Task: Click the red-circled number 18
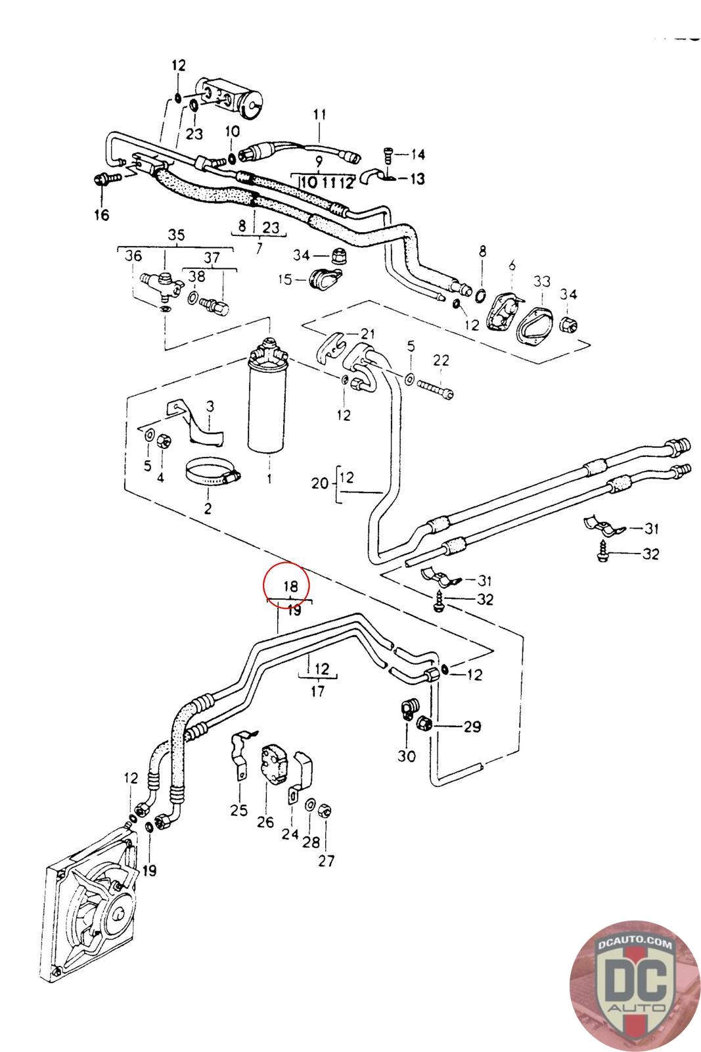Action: tap(290, 586)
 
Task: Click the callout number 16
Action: tap(102, 214)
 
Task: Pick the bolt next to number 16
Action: tap(105, 178)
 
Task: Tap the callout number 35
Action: tap(176, 235)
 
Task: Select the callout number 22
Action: tap(441, 360)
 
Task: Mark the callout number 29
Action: tap(472, 727)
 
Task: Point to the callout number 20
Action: tap(319, 483)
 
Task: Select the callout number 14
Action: tap(418, 155)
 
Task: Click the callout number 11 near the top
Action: tap(319, 114)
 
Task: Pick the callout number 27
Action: tap(326, 861)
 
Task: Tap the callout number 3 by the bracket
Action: tap(210, 406)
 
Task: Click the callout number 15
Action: tap(285, 279)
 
